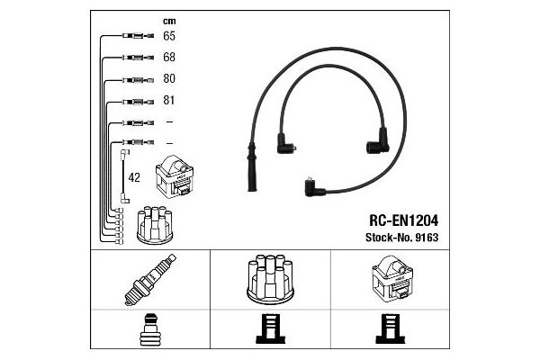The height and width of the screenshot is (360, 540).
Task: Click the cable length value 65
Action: click(x=169, y=36)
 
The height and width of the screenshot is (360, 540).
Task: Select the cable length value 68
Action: click(x=169, y=58)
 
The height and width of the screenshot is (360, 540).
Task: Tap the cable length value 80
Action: click(x=169, y=78)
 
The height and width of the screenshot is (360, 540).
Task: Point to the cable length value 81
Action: click(x=169, y=100)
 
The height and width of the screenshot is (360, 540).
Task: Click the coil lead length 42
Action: click(x=134, y=178)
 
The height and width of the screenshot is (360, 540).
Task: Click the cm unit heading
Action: click(x=169, y=22)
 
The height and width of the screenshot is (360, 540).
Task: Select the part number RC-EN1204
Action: click(x=403, y=220)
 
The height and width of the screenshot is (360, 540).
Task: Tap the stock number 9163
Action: click(x=427, y=238)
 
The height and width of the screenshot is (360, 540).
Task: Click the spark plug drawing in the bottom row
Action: click(x=150, y=279)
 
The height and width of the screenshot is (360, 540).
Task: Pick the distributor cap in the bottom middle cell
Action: click(x=270, y=279)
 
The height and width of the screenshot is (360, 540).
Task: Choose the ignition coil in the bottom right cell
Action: click(x=392, y=277)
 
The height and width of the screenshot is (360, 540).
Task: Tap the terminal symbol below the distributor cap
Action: click(x=270, y=329)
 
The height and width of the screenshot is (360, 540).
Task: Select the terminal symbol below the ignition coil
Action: click(x=390, y=329)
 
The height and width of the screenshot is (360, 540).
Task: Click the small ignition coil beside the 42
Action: click(x=175, y=176)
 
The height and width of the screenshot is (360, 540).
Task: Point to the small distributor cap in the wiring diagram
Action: click(x=155, y=225)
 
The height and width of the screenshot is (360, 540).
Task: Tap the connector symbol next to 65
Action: click(x=138, y=36)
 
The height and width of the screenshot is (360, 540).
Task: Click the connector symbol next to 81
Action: click(x=138, y=102)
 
